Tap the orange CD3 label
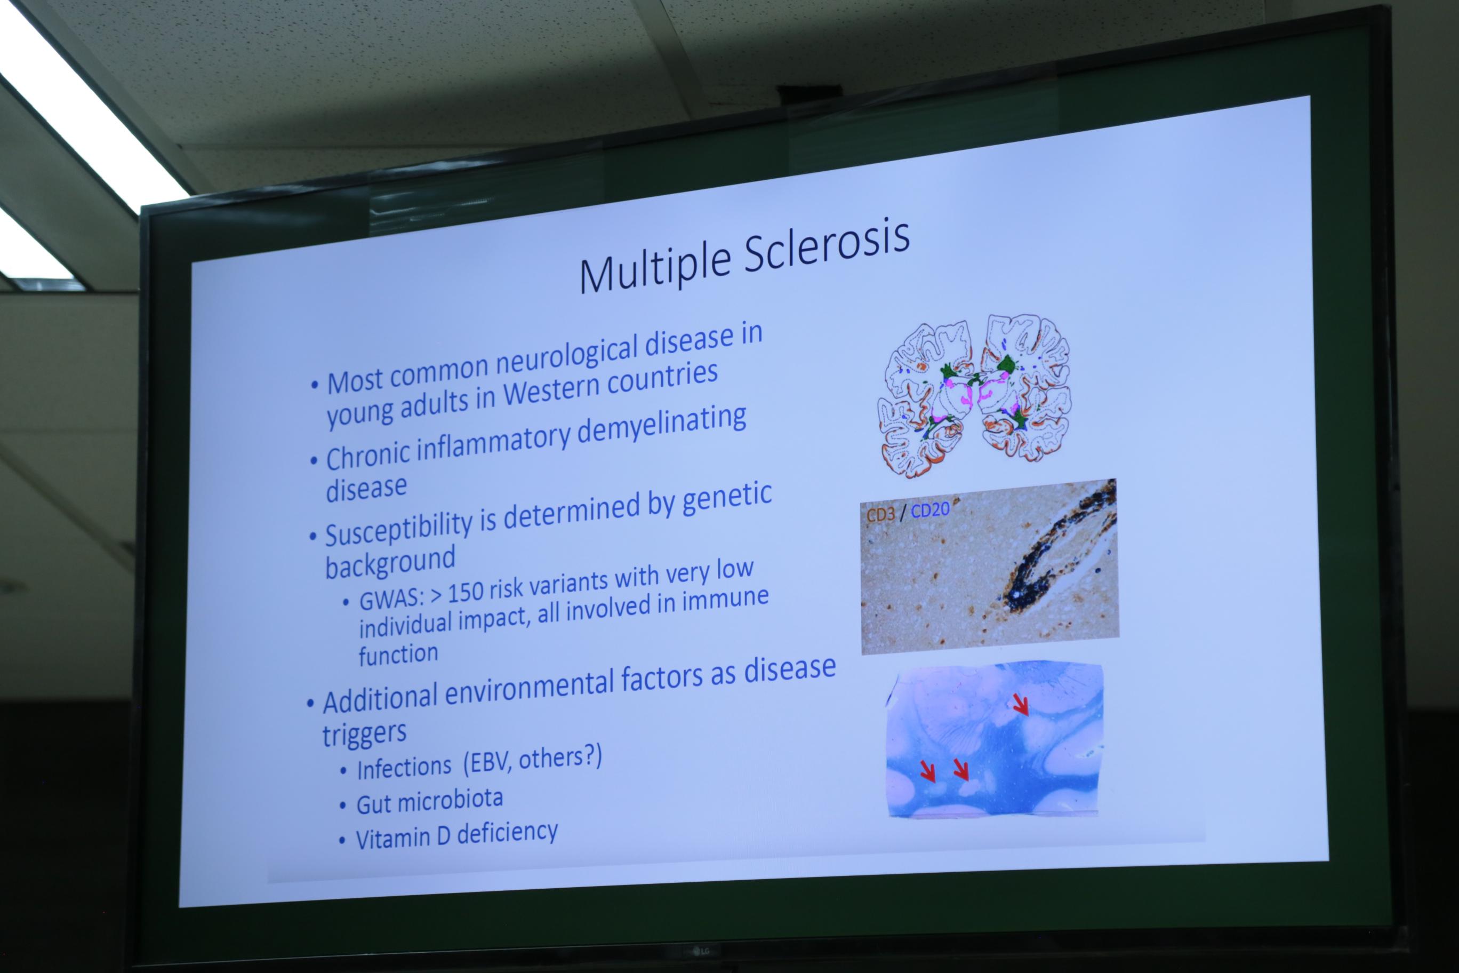tap(880, 514)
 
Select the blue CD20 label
tap(930, 510)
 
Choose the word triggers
tap(364, 734)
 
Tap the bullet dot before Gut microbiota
tap(343, 806)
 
